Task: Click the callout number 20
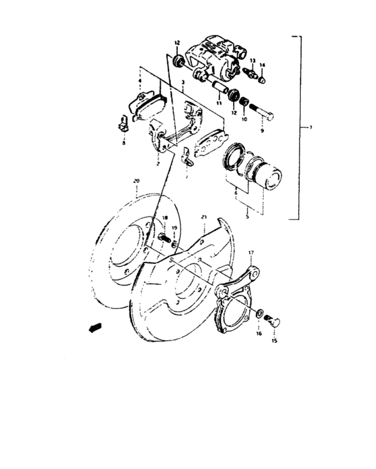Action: [x=136, y=182]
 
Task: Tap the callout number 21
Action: [x=204, y=217]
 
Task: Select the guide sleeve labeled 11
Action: [x=219, y=86]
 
